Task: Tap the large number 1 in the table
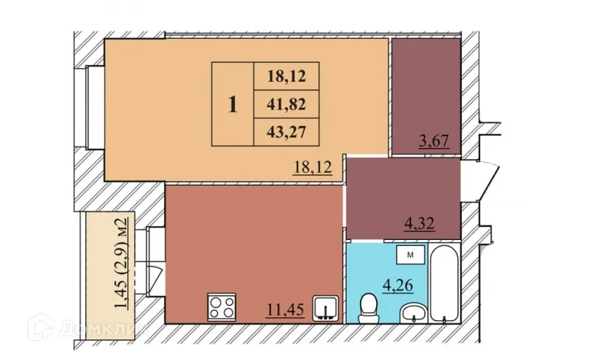[x=233, y=105]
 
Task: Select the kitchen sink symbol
[x=325, y=307]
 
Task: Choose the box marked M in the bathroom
[x=412, y=255]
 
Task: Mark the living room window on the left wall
[x=94, y=107]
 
